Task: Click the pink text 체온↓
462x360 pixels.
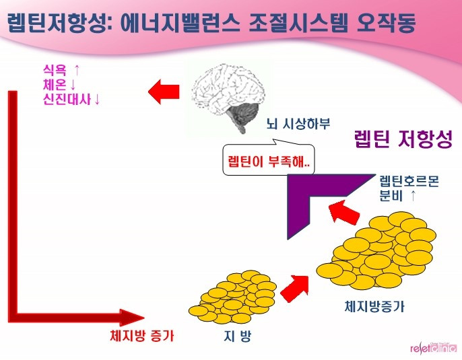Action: pos(59,85)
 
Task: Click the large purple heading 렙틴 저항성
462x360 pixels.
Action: pos(403,141)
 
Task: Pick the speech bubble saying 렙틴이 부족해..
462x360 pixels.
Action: pos(268,162)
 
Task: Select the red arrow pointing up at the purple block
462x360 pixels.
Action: pos(342,215)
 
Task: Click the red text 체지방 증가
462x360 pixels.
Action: pos(141,334)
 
